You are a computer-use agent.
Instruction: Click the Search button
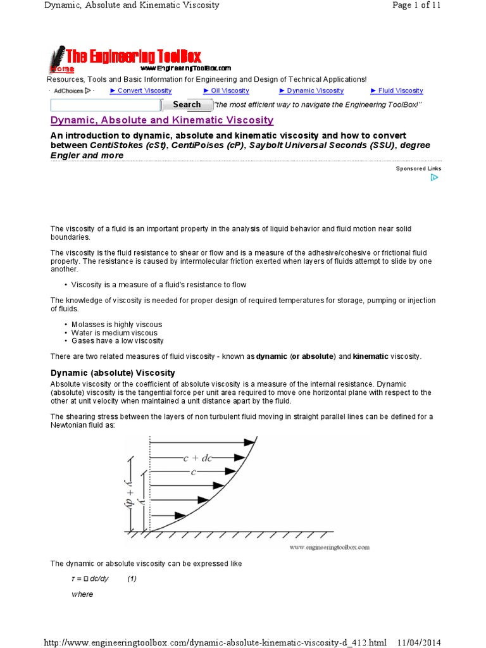point(187,104)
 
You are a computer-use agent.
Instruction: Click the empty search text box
point(105,105)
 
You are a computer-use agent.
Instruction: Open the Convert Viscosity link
point(140,90)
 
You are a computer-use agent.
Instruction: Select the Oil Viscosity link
point(226,90)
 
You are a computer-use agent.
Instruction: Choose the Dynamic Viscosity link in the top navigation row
point(309,90)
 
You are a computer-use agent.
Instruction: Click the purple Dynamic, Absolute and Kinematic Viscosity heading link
point(161,120)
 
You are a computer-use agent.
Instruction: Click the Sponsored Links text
point(418,168)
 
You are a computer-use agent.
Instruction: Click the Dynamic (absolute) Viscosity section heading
point(113,373)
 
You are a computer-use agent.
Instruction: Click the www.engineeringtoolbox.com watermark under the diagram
point(329,547)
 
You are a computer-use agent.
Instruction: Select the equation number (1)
point(132,578)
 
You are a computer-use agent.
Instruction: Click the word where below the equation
point(82,594)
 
